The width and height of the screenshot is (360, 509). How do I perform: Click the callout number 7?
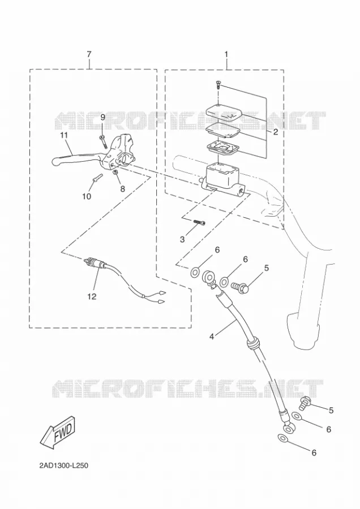click(x=89, y=54)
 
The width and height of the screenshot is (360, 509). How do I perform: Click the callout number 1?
click(x=226, y=54)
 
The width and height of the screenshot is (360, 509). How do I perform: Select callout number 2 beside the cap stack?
click(x=276, y=132)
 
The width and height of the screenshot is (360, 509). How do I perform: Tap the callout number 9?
click(x=102, y=117)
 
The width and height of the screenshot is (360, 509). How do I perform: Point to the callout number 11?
click(x=63, y=135)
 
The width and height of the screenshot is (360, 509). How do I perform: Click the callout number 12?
click(x=92, y=296)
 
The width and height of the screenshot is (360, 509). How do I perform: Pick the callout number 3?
click(x=182, y=240)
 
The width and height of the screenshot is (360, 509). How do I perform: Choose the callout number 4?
click(x=212, y=337)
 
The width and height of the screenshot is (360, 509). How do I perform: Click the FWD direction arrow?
click(x=58, y=433)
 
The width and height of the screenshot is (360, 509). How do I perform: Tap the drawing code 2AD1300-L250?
click(x=64, y=466)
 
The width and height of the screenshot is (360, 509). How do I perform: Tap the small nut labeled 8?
click(x=115, y=172)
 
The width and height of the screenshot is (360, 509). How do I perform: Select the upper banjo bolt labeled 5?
click(x=240, y=287)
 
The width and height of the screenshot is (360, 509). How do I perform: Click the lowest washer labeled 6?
click(x=282, y=438)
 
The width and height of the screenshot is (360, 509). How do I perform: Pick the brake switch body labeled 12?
click(x=94, y=262)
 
